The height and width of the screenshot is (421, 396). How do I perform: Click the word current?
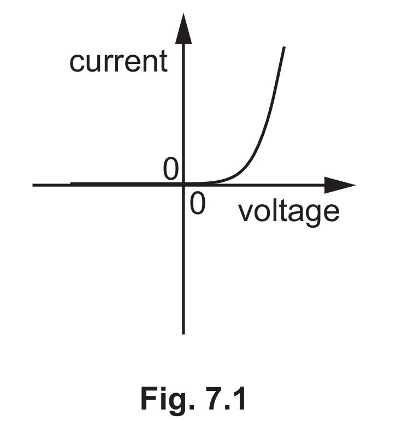point(118,61)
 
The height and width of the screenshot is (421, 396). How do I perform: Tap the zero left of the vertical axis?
point(171,170)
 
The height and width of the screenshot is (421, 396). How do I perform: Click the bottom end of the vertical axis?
point(184,333)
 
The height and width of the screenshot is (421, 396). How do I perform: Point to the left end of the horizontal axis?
point(34,185)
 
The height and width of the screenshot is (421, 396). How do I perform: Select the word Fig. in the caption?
point(165,400)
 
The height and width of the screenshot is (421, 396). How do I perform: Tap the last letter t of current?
point(162,61)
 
